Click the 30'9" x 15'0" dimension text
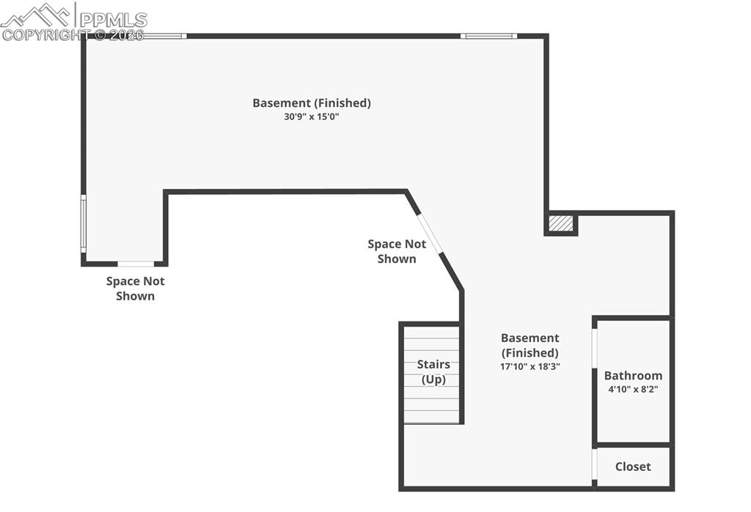312,116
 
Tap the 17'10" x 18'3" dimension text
530,366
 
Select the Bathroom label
633,376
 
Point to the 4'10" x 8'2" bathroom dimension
633,389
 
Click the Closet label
633,467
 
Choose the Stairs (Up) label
433,372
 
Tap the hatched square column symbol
561,223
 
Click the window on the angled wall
430,233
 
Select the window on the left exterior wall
84,223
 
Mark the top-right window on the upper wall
488,35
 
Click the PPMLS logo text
113,19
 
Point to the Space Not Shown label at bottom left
136,289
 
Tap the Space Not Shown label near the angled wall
397,251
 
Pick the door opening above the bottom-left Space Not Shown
136,263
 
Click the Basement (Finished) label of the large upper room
312,103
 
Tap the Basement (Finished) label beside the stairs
530,345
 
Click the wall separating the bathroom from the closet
633,445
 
